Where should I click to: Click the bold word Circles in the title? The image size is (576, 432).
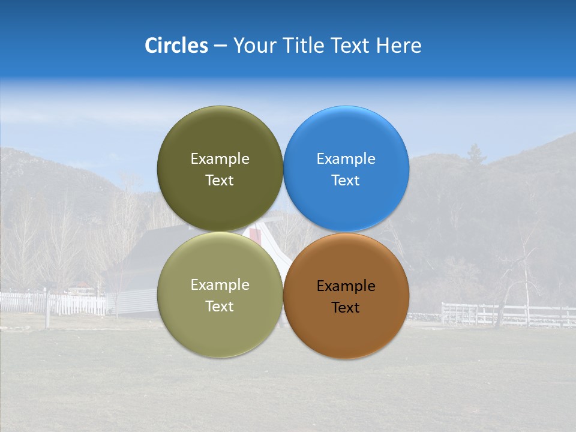click(176, 46)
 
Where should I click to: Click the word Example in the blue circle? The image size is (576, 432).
click(346, 159)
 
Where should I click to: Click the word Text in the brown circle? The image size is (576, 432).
click(345, 308)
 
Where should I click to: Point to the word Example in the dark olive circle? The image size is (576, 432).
click(220, 159)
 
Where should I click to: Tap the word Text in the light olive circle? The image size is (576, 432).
click(219, 307)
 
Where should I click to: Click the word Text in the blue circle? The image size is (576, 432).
click(345, 181)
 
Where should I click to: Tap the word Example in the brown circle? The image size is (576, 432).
click(346, 286)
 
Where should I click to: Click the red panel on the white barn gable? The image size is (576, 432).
click(256, 235)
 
